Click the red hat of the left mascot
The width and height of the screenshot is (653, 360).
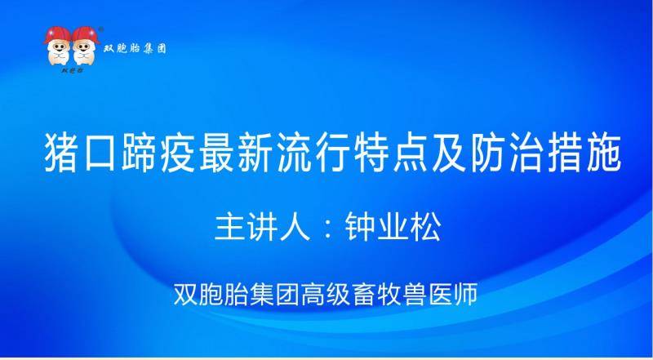pyautogui.click(x=57, y=34)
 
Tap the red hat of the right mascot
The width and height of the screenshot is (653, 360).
pyautogui.click(x=86, y=34)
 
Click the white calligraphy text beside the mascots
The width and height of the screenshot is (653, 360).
pyautogui.click(x=135, y=48)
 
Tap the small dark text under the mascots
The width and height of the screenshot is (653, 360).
pyautogui.click(x=73, y=70)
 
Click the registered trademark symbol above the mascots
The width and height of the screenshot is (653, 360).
pyautogui.click(x=100, y=29)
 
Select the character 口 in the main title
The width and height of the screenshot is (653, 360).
pyautogui.click(x=100, y=153)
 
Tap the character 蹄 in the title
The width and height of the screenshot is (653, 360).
pyautogui.click(x=139, y=153)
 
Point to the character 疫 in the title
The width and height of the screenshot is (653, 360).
pyautogui.click(x=178, y=153)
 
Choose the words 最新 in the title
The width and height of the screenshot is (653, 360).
pyautogui.click(x=236, y=153)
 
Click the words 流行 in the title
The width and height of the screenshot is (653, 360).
pyautogui.click(x=314, y=153)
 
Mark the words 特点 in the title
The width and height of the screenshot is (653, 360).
pyautogui.click(x=392, y=153)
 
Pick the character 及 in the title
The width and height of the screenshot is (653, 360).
pyautogui.click(x=450, y=153)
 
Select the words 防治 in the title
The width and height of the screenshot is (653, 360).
pyautogui.click(x=508, y=153)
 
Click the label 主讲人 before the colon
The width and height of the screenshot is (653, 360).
pyautogui.click(x=263, y=228)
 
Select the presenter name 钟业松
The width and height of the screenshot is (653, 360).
pyautogui.click(x=393, y=228)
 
